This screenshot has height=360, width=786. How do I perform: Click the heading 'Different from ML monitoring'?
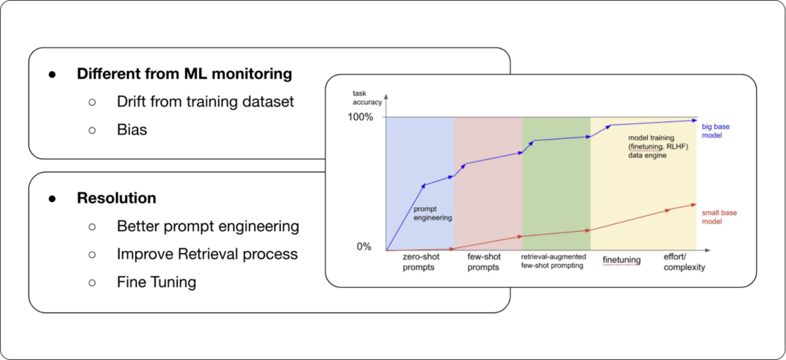coord(184,74)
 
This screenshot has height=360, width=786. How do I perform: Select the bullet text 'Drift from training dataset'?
coord(205,101)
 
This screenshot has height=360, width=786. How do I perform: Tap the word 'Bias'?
coord(132,129)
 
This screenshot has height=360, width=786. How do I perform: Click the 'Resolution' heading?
coord(116,198)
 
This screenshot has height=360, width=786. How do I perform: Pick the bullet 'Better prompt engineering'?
coord(208,226)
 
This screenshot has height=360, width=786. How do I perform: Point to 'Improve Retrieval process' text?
coord(207,254)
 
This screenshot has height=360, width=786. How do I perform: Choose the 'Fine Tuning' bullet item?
coord(157,282)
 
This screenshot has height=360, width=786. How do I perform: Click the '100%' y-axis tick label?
coord(360,117)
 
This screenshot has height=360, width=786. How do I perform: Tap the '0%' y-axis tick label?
coord(363,247)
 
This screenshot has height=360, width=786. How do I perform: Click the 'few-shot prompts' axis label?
coord(486,264)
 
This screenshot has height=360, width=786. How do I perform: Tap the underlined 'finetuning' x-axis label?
coord(621,260)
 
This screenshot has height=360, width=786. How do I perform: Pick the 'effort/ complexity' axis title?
coord(683,264)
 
